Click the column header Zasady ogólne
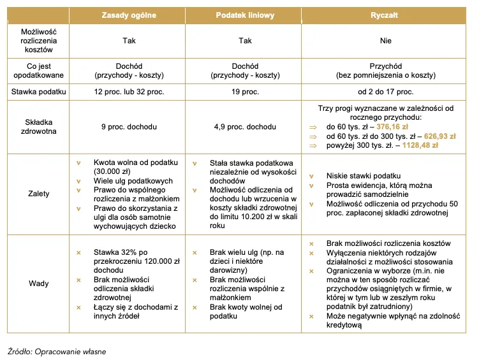coord(129,15)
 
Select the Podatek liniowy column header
coord(245,15)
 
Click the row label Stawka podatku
coord(39,92)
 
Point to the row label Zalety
coord(39,194)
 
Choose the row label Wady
coord(39,284)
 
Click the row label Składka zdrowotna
coord(39,127)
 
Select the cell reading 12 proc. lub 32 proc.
coord(129,92)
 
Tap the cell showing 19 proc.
coord(245,92)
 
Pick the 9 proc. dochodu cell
coord(129,127)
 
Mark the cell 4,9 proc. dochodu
coord(245,127)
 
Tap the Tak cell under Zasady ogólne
coord(129,41)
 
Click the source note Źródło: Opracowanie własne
coord(57,351)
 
